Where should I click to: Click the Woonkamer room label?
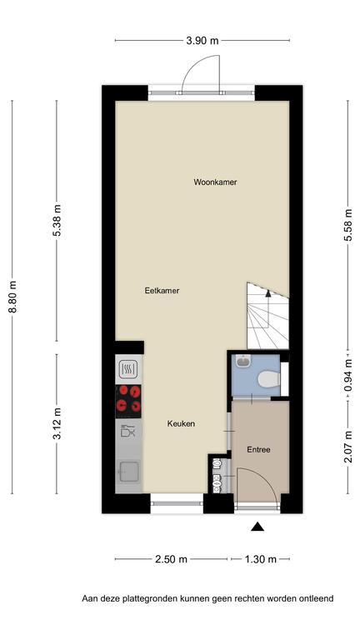[x=215, y=182]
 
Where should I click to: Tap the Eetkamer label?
[x=162, y=291]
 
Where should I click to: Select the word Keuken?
[x=181, y=423]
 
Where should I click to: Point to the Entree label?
[x=259, y=450]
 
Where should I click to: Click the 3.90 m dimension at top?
[x=202, y=40]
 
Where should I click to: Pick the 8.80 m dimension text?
[x=12, y=297]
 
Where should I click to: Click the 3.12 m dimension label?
[x=57, y=423]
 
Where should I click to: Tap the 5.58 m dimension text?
[x=348, y=225]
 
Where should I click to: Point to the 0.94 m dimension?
[x=348, y=375]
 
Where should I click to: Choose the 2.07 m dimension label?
[x=348, y=447]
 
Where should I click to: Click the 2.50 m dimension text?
[x=171, y=559]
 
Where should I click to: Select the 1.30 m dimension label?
[x=260, y=559]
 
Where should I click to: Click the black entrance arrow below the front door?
[x=257, y=527]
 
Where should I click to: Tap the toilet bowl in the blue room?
[x=268, y=379]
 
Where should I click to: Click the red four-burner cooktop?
[x=128, y=401]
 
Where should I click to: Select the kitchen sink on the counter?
[x=128, y=472]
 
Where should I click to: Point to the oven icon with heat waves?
[x=127, y=370]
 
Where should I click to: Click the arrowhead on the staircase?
[x=267, y=292]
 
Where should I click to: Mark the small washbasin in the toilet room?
[x=244, y=361]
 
